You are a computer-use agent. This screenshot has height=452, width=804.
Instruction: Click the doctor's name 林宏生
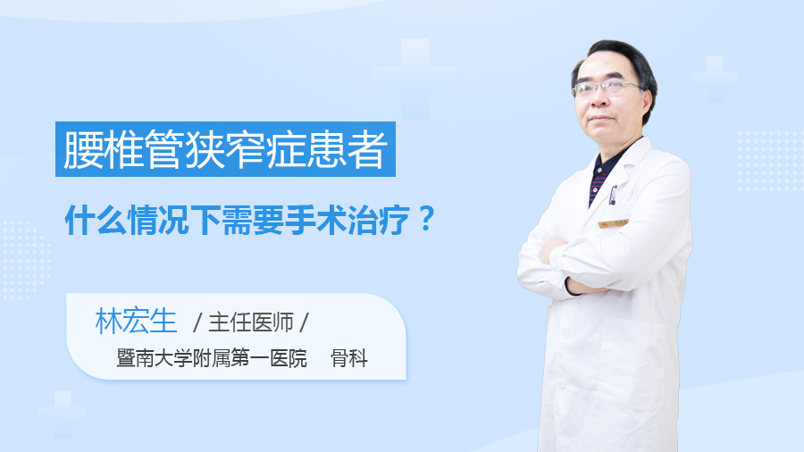136,322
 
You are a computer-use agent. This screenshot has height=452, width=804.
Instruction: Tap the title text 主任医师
251,322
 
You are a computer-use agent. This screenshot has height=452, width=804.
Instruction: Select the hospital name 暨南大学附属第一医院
212,357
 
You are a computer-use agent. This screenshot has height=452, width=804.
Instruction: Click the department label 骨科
349,357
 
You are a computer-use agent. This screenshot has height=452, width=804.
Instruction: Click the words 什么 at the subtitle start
96,220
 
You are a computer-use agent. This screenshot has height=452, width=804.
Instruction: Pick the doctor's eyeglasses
606,88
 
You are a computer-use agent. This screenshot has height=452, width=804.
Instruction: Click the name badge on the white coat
613,224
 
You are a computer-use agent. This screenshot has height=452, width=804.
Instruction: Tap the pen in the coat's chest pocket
612,195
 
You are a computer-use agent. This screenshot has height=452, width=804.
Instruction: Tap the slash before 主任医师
197,322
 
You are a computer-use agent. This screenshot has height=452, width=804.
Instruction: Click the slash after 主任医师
304,322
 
